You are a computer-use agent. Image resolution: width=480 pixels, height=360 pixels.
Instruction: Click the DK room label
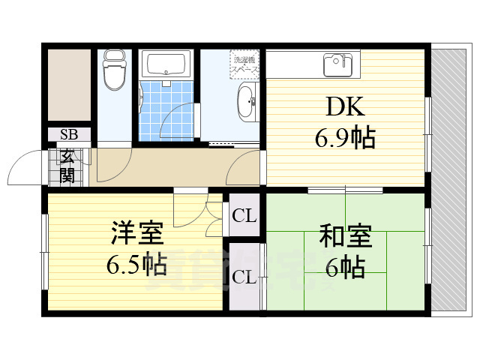[x=346, y=106]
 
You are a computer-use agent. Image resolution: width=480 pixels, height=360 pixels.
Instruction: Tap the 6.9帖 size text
[x=346, y=137]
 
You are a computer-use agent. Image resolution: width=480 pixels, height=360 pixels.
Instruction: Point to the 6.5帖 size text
[x=136, y=264]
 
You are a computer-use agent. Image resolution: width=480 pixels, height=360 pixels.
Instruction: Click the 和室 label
[x=346, y=236]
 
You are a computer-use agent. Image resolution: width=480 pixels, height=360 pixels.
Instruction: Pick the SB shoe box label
[x=69, y=135]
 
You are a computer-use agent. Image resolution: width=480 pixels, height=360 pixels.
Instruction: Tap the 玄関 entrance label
[x=68, y=166]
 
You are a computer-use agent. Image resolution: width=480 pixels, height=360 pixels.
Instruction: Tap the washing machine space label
[x=245, y=64]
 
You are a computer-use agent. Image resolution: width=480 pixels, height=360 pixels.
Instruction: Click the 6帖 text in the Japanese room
[x=346, y=266]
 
